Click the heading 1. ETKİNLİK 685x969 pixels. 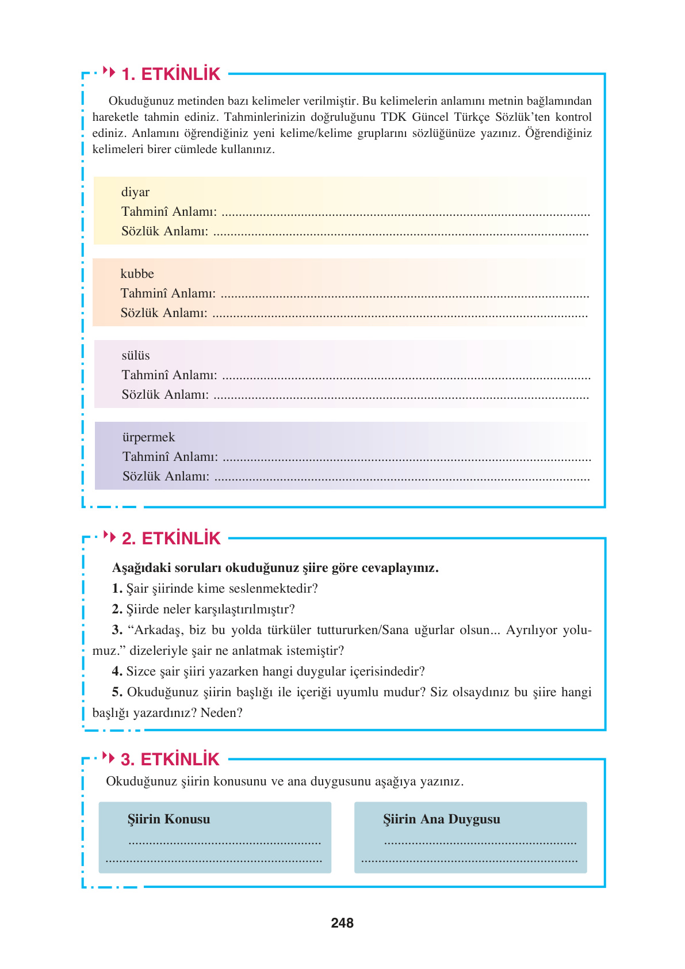(171, 74)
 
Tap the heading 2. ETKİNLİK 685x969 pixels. (171, 539)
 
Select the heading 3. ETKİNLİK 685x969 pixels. (170, 760)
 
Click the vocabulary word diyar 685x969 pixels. (135, 192)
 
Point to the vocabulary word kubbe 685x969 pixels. (137, 274)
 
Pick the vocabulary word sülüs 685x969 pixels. (136, 356)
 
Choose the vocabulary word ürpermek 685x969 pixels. (148, 437)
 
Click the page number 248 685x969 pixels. (342, 923)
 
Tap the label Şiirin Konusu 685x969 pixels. (169, 819)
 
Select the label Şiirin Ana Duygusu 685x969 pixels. (442, 819)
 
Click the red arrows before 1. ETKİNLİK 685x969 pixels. (109, 72)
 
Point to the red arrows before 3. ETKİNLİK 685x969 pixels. (108, 757)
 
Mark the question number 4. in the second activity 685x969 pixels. (117, 672)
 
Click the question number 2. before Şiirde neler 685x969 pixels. (117, 609)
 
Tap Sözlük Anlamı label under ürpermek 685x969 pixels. (166, 476)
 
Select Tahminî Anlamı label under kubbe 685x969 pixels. (168, 293)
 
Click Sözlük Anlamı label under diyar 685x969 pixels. (164, 231)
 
